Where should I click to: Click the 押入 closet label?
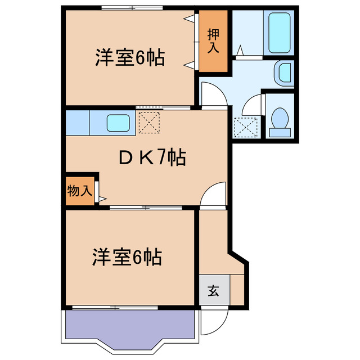click(x=213, y=41)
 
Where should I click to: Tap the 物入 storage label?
click(x=79, y=190)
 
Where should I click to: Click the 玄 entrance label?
click(x=214, y=291)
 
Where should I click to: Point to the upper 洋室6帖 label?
click(x=130, y=58)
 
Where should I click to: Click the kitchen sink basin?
click(x=119, y=123)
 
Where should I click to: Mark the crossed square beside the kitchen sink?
click(x=148, y=123)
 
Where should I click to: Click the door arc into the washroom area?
click(x=214, y=94)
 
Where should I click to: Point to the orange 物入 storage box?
click(x=79, y=190)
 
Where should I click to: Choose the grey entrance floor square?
click(x=214, y=291)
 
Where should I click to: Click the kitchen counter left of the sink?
click(x=78, y=123)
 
